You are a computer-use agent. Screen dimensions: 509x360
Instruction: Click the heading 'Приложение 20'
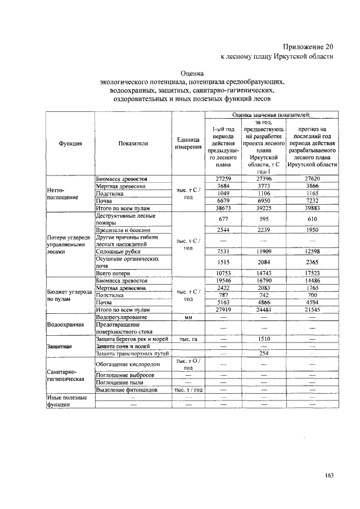pyautogui.click(x=309, y=47)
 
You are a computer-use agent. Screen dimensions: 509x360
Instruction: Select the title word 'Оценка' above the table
pyautogui.click(x=192, y=73)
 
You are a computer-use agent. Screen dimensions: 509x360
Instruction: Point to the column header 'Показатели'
pyautogui.click(x=133, y=143)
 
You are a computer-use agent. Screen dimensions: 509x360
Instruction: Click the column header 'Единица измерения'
pyautogui.click(x=188, y=143)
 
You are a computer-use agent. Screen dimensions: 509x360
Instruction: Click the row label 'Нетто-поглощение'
pyautogui.click(x=60, y=193)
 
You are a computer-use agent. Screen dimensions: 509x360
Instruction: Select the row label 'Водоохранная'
pyautogui.click(x=66, y=325)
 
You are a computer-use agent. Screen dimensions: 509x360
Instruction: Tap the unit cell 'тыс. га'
pyautogui.click(x=188, y=339)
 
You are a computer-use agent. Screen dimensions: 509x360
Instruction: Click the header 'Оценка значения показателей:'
pyautogui.click(x=271, y=114)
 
